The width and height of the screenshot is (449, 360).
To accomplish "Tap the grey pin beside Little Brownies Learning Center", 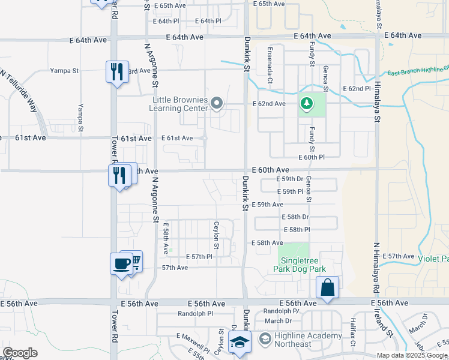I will click(217, 105).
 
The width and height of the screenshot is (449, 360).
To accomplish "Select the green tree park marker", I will click(307, 105).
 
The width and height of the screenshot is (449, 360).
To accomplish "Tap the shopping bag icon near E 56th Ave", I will click(328, 287).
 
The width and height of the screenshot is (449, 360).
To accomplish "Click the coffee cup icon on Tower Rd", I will click(121, 263).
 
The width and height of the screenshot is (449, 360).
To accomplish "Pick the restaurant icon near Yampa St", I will click(116, 72).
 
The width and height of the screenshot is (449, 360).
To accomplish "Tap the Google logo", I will click(20, 353).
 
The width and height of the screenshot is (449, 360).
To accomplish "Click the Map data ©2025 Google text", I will click(411, 355).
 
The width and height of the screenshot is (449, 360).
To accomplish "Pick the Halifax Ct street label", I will click(354, 327).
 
